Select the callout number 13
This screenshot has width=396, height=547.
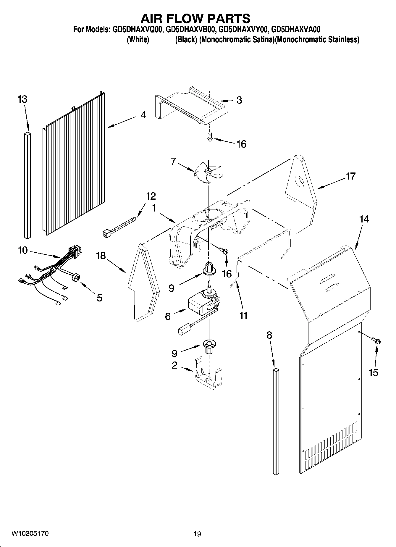pyautogui.click(x=22, y=99)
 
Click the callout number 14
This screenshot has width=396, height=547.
pyautogui.click(x=364, y=219)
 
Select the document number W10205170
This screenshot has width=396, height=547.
pyautogui.click(x=30, y=533)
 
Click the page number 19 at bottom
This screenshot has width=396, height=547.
pyautogui.click(x=197, y=534)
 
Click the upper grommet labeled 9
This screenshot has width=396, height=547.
pyautogui.click(x=208, y=268)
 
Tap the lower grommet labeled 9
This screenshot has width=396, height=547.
pyautogui.click(x=209, y=346)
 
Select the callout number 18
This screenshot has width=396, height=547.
pyautogui.click(x=101, y=255)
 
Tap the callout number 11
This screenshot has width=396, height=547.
pyautogui.click(x=243, y=316)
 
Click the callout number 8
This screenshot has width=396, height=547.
pyautogui.click(x=269, y=335)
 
